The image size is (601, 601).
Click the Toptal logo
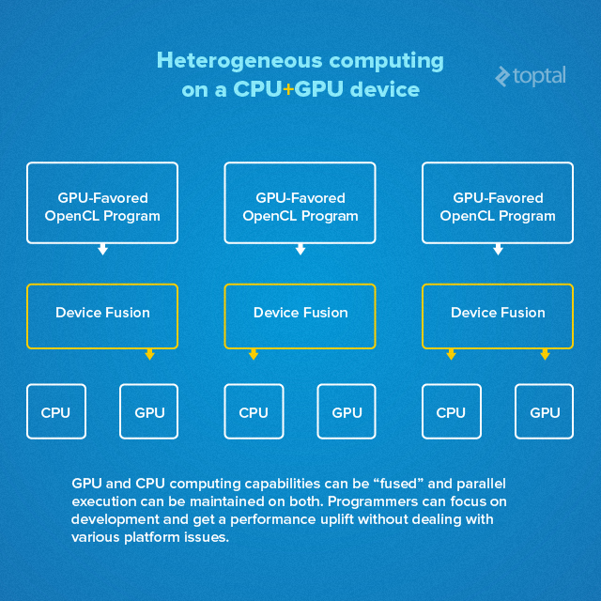(531, 76)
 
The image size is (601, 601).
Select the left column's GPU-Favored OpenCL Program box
(102, 206)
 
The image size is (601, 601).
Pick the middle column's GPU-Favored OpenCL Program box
(300, 206)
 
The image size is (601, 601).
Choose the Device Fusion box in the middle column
(300, 314)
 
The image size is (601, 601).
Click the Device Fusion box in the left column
(102, 314)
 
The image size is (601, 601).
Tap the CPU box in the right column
(451, 412)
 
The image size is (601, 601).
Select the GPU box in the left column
(149, 412)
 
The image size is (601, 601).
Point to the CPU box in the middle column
(254, 412)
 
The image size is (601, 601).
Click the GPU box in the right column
(545, 412)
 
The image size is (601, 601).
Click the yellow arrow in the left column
(149, 354)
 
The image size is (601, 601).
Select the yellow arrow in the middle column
(254, 354)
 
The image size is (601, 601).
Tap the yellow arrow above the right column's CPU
(451, 354)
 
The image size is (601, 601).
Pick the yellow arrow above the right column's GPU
(545, 354)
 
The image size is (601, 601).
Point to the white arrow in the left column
(102, 249)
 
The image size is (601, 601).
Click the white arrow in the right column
(498, 249)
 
